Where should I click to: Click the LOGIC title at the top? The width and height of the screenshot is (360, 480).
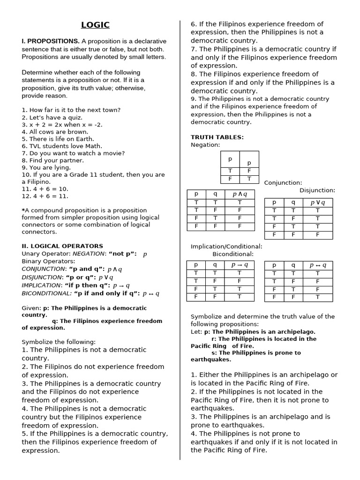click(x=95, y=25)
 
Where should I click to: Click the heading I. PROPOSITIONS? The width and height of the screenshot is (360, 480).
click(x=51, y=41)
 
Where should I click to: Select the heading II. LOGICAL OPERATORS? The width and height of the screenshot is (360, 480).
click(x=62, y=246)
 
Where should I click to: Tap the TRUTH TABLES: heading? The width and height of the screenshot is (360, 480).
click(x=217, y=137)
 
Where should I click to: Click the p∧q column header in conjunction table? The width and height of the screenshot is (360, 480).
click(x=239, y=194)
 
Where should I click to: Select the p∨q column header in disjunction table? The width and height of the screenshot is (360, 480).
click(x=317, y=202)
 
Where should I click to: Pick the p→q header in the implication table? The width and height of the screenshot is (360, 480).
click(x=239, y=265)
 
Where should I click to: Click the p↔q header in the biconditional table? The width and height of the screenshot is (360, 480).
click(x=317, y=265)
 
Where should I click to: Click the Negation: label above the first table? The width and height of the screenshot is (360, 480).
click(x=205, y=145)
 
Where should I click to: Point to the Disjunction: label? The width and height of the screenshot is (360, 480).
click(x=317, y=190)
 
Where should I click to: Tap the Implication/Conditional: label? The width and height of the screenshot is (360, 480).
click(x=226, y=247)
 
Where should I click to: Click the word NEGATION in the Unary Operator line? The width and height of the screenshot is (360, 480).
click(x=89, y=254)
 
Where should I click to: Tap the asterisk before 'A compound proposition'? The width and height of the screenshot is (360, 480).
click(x=23, y=210)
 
